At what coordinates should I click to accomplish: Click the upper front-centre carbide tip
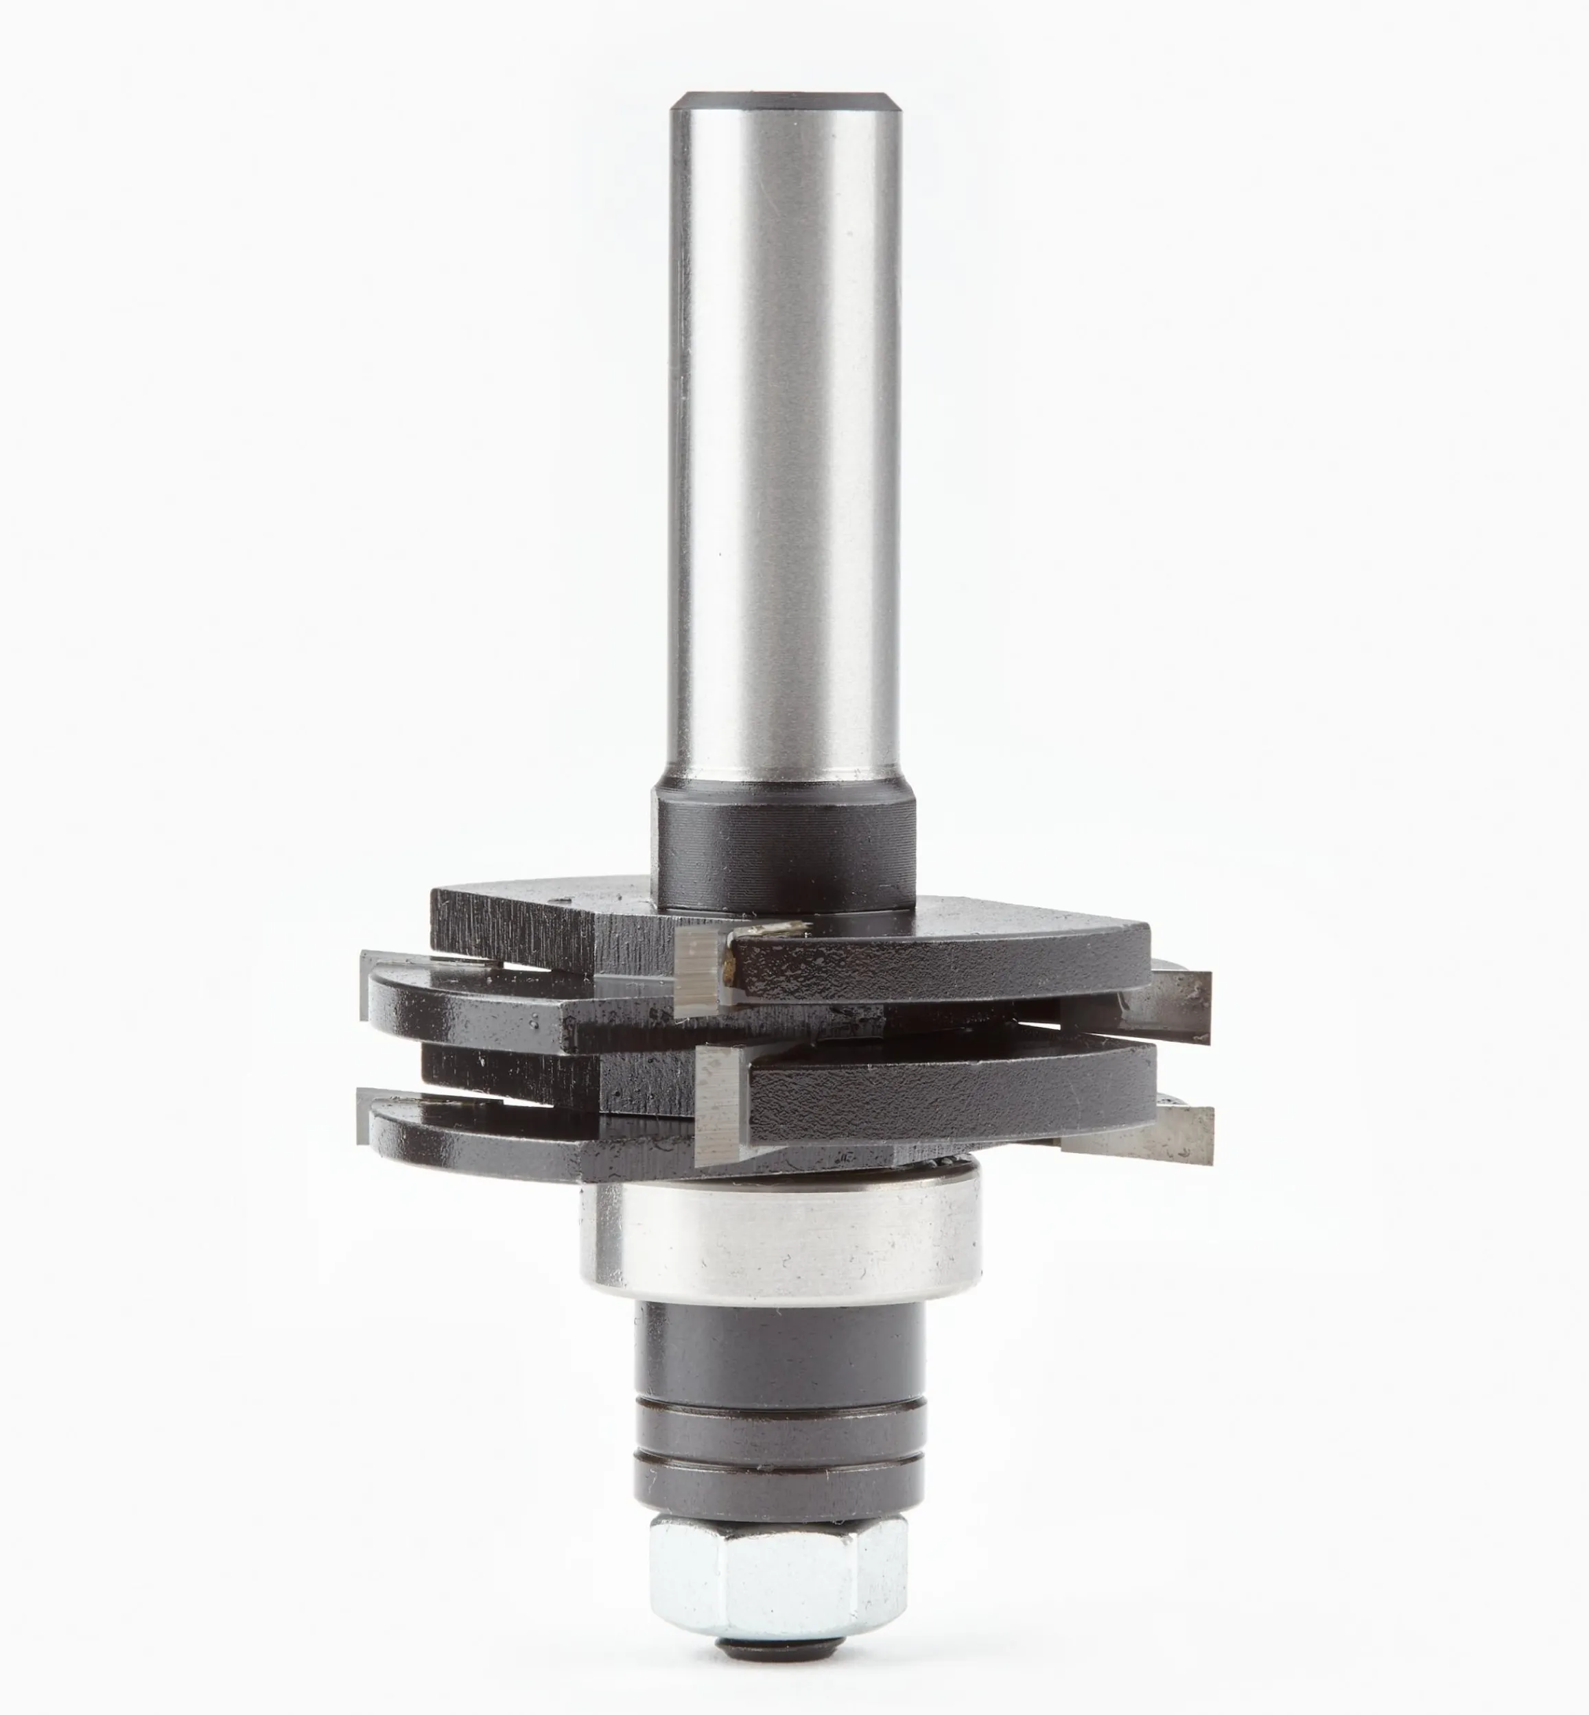(701, 967)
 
